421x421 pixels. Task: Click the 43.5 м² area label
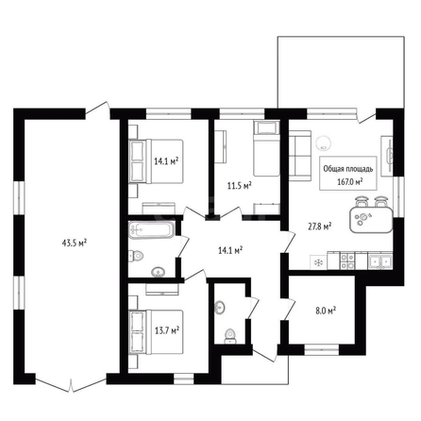(x=75, y=243)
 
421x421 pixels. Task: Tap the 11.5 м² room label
(x=240, y=186)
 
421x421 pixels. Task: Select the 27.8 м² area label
(x=320, y=226)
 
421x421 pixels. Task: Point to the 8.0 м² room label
(x=326, y=312)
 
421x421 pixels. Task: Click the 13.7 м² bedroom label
(x=167, y=330)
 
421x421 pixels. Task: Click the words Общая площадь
(x=348, y=169)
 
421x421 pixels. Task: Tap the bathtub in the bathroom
(x=151, y=230)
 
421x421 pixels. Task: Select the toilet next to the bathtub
(x=136, y=256)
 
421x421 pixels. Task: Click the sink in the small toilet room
(x=220, y=308)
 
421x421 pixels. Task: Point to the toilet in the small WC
(x=229, y=336)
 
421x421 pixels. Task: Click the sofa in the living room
(x=300, y=156)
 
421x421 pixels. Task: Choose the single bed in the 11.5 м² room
(x=266, y=148)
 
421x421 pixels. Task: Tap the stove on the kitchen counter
(x=347, y=261)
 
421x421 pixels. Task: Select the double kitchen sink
(x=380, y=261)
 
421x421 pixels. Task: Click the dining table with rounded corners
(x=371, y=219)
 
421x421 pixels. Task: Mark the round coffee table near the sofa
(x=323, y=143)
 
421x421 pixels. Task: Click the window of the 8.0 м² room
(x=322, y=349)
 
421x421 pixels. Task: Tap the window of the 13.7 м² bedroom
(x=184, y=379)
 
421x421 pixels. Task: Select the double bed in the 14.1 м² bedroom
(x=157, y=161)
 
